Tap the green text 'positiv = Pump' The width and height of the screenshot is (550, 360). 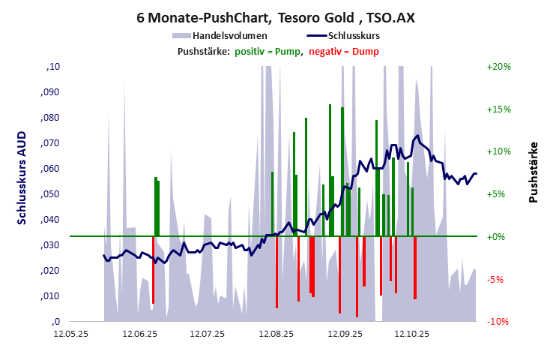point(268,51)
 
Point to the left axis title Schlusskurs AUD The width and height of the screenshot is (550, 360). point(22,178)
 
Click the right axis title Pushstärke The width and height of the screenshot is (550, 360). point(533,172)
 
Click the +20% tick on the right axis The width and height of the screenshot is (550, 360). point(498,67)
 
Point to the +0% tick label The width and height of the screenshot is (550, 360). point(498,237)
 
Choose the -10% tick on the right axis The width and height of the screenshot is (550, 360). point(498,322)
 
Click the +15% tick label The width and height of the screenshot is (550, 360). point(498,109)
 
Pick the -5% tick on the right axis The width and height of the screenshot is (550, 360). point(498,280)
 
